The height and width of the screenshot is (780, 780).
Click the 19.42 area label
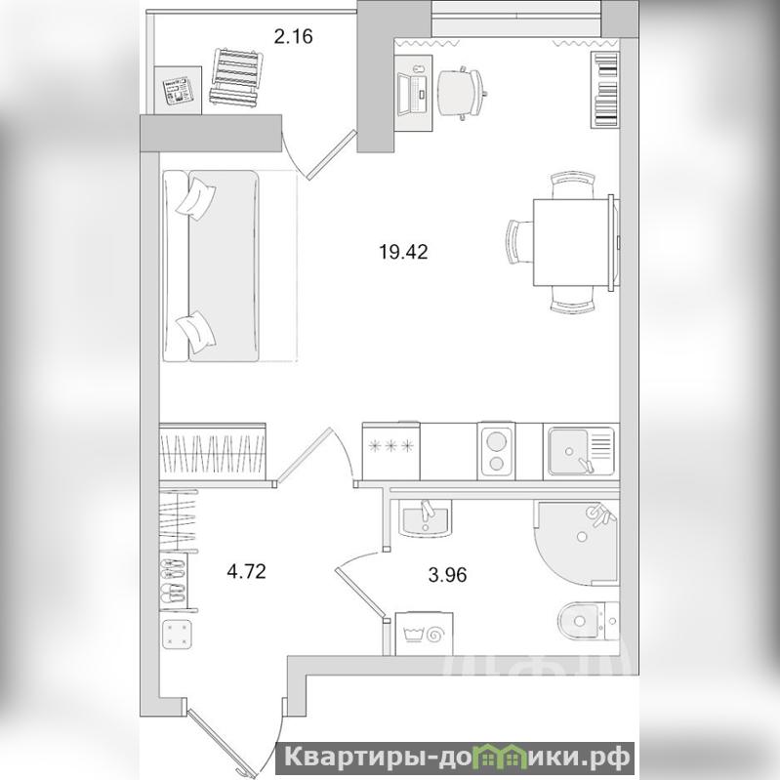403,252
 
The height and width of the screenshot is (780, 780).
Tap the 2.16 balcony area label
294,37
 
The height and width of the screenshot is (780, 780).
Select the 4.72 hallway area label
246,571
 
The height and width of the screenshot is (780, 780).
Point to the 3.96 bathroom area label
447,575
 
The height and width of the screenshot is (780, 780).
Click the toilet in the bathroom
588,621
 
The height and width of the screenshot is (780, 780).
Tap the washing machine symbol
424,634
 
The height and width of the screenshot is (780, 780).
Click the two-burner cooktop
496,451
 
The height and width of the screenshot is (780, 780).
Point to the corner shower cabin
576,542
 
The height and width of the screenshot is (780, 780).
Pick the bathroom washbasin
426,517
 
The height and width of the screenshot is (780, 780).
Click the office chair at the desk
461,93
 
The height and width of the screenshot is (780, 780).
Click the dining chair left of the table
519,242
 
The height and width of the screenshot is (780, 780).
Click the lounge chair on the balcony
237,77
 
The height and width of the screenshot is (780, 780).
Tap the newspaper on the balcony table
178,91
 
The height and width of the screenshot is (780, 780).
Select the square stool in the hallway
177,635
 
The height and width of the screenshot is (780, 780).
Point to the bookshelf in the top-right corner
605,90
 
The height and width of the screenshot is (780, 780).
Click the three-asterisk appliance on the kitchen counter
391,451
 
